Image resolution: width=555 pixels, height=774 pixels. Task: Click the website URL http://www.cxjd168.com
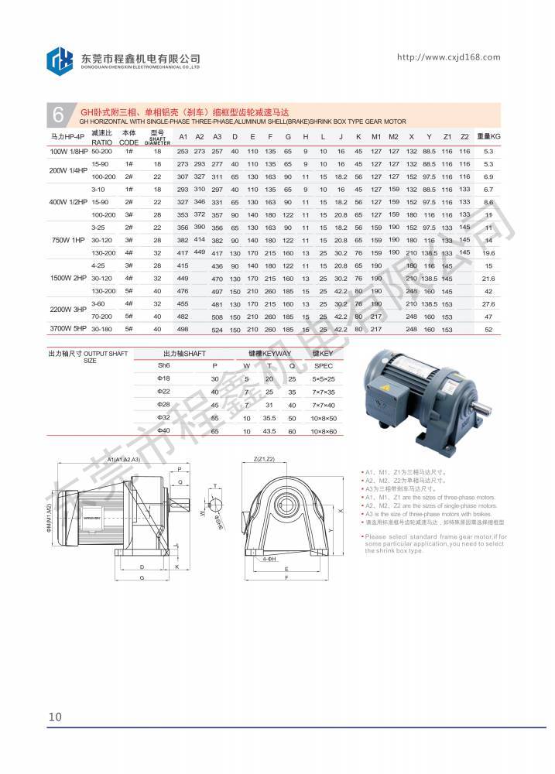(448, 57)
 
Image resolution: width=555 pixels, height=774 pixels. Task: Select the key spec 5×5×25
(324, 379)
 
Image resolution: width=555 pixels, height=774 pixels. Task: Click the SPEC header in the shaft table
(324, 365)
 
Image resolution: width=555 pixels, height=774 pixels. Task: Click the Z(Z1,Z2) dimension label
(264, 459)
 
